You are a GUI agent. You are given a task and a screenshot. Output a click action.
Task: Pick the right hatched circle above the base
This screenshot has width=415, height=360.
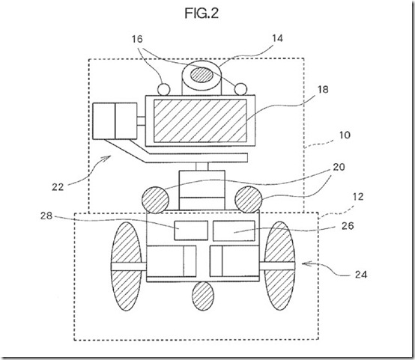247,199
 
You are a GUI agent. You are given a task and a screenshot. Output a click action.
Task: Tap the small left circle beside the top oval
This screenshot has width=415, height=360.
168,88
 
